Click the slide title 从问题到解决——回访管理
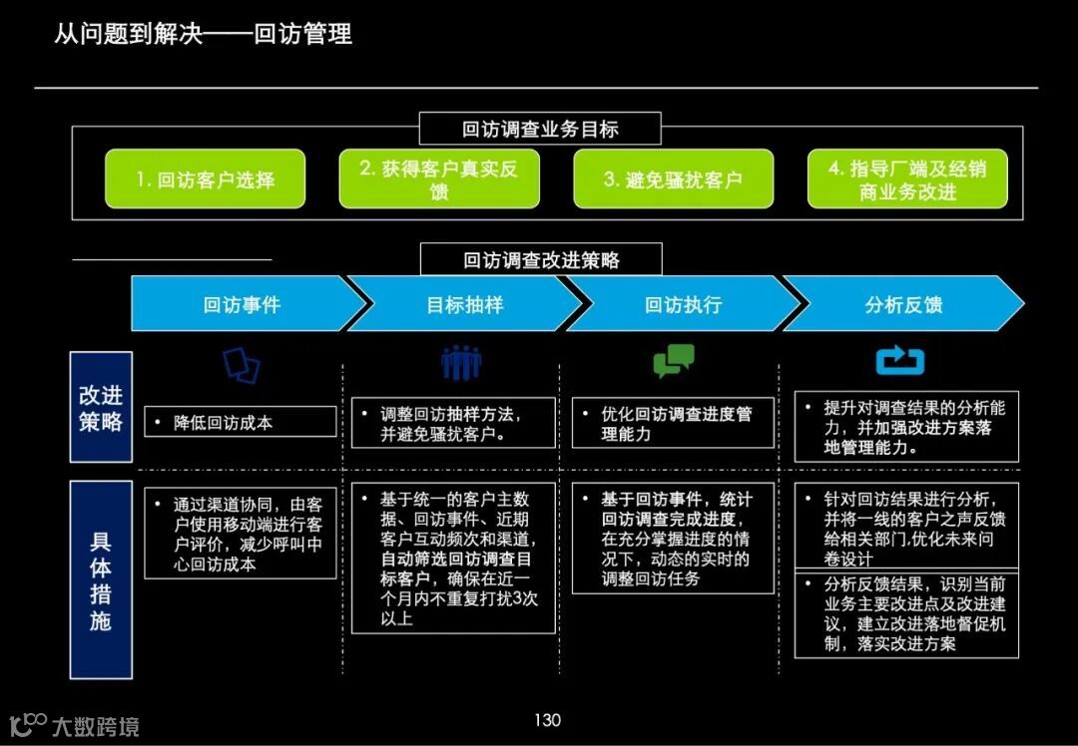(x=203, y=35)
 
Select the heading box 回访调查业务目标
(x=540, y=129)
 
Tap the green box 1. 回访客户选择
(x=205, y=180)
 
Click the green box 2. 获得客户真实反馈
(x=439, y=180)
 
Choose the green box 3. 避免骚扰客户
(x=673, y=180)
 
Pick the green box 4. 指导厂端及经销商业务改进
(x=906, y=180)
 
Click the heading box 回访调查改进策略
(x=541, y=260)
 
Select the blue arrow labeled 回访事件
(x=243, y=304)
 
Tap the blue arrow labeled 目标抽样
(x=464, y=304)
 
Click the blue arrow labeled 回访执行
(x=683, y=304)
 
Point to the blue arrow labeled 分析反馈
(x=903, y=304)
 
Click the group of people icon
(x=461, y=362)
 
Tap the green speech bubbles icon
(x=674, y=360)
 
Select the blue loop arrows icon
(x=900, y=360)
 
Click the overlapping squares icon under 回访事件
(x=242, y=364)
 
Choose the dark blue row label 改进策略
(x=101, y=407)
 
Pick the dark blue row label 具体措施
(x=101, y=580)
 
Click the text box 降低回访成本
(x=240, y=422)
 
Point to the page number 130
(x=547, y=720)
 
